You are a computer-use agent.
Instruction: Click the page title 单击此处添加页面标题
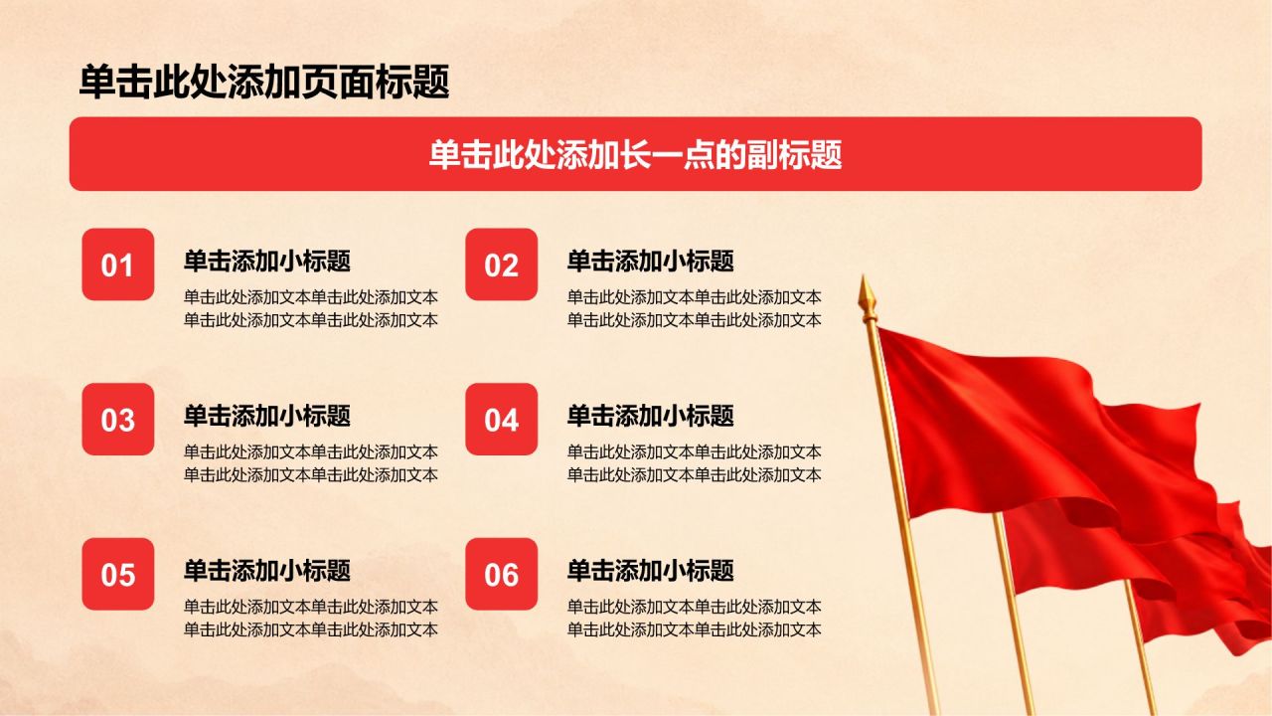point(264,82)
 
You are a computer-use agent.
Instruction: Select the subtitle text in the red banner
point(635,154)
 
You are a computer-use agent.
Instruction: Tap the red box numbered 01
point(118,265)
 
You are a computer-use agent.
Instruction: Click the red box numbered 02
point(502,265)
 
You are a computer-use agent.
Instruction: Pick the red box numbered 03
point(118,420)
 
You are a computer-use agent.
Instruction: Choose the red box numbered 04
point(502,420)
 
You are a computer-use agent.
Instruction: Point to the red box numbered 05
point(118,574)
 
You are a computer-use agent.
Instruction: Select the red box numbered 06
point(502,574)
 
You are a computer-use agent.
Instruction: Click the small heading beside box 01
point(267,261)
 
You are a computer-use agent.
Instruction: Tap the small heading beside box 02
point(650,261)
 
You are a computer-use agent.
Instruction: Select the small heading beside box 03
point(267,416)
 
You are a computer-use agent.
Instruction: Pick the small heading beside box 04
point(650,416)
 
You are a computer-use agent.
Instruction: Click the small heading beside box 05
point(267,570)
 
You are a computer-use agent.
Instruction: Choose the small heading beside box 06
point(650,570)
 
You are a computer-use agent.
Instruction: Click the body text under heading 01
point(311,308)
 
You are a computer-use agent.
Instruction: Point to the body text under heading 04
point(694,463)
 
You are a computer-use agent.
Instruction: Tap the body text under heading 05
point(311,619)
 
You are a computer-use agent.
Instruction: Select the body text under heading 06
point(694,619)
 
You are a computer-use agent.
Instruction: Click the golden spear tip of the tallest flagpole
point(865,276)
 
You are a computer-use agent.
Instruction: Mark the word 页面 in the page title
point(339,82)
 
